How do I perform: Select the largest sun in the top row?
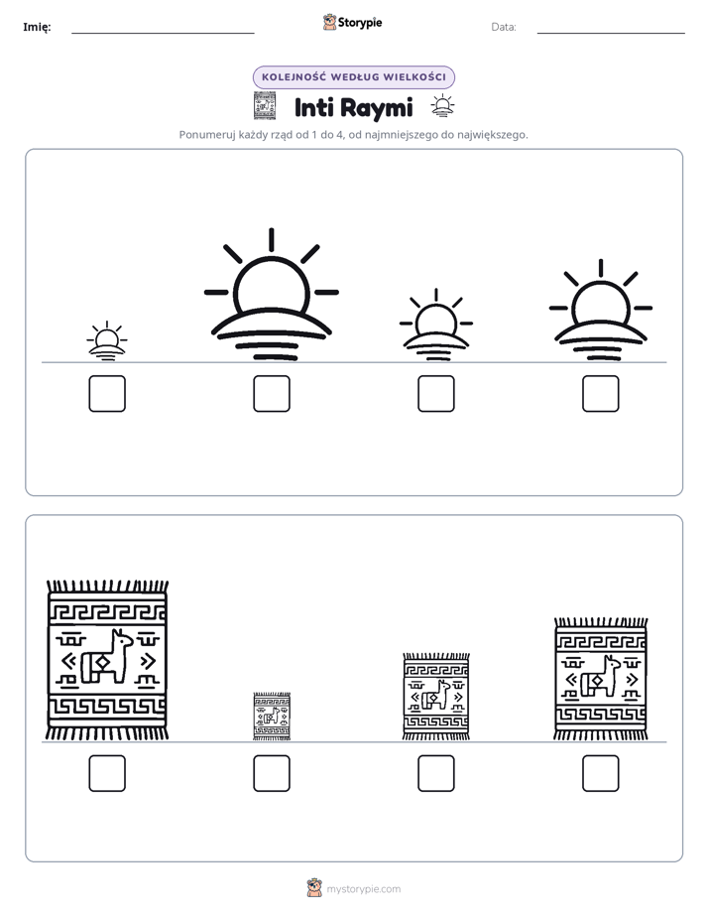(271, 294)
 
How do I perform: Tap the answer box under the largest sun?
(272, 394)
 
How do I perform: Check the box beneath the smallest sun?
(107, 394)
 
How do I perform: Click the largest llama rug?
(107, 660)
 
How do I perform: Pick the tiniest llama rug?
(272, 717)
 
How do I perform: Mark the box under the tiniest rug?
(272, 773)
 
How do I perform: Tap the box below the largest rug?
(107, 773)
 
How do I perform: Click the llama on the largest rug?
(107, 657)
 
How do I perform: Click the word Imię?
(37, 27)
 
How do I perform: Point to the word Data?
(504, 27)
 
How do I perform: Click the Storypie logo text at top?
(360, 23)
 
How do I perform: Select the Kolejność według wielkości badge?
(353, 77)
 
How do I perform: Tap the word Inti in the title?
(313, 107)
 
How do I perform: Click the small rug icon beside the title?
(265, 106)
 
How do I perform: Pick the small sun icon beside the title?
(442, 106)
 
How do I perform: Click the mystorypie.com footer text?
(363, 889)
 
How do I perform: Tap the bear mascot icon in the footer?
(314, 888)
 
